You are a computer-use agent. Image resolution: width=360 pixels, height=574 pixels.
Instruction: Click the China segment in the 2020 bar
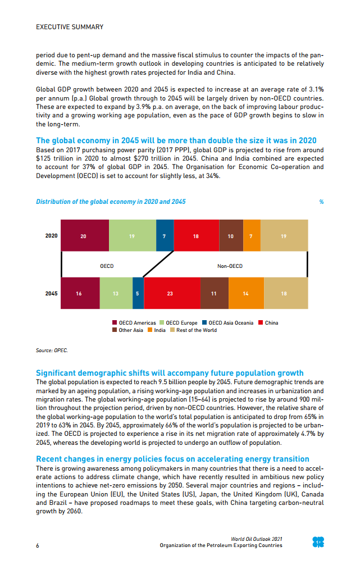point(196,236)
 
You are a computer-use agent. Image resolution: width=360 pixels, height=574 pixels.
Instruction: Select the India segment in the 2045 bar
point(245,294)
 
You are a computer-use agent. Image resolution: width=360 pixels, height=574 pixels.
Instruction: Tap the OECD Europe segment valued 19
point(132,236)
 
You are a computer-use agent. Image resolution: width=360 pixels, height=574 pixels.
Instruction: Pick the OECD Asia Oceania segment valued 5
point(138,294)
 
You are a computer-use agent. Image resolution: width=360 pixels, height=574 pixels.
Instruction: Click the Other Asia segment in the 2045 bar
point(213,294)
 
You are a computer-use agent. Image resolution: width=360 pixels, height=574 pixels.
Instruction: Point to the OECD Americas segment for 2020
point(84,236)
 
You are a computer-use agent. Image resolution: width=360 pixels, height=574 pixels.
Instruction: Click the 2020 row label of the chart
point(51,236)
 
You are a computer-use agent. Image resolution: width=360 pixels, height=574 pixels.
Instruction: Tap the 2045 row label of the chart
point(51,294)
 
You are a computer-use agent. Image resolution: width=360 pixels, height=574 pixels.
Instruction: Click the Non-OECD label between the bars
point(230,266)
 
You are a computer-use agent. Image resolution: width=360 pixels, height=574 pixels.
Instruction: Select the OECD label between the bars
point(107,266)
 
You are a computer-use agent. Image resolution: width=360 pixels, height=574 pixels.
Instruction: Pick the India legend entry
point(157,330)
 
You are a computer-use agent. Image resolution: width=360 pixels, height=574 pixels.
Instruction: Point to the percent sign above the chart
point(321,202)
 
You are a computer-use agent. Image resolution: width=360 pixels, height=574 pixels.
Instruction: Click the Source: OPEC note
point(52,350)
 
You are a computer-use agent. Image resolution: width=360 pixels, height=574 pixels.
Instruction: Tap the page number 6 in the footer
point(37,545)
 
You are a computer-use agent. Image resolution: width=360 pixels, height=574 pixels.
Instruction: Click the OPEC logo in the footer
point(318,542)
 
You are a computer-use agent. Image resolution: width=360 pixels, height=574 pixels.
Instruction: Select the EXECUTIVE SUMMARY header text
point(70,27)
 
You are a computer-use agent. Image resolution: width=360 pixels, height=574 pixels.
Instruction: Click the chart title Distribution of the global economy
point(111,202)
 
